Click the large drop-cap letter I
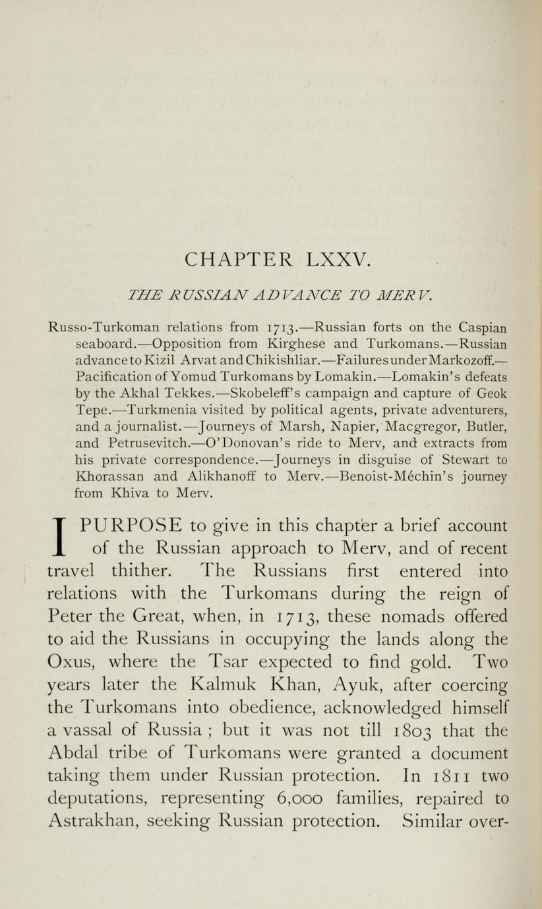tap(60, 537)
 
